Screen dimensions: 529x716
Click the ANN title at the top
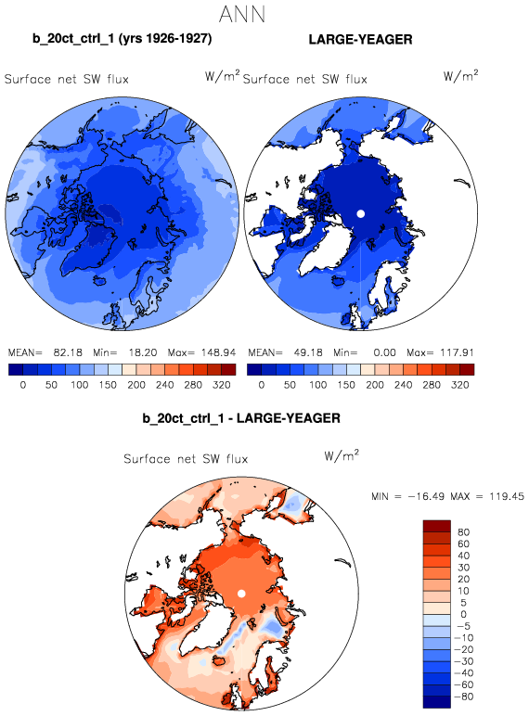242,15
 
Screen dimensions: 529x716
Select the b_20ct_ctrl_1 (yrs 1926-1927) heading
122,39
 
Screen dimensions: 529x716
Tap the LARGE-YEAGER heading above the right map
360,40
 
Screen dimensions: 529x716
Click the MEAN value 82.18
68,353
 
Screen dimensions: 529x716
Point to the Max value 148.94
218,353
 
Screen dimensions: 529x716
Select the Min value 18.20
143,353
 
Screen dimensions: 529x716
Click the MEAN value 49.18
307,353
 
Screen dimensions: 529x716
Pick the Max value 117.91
457,353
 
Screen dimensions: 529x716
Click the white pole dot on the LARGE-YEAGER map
360,213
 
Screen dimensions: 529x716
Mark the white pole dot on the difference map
241,594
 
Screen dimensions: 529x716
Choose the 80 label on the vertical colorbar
463,532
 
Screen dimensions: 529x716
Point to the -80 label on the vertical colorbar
464,697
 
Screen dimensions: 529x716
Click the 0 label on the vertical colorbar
463,615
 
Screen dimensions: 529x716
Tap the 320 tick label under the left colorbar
222,385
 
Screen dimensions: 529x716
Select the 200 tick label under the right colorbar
375,385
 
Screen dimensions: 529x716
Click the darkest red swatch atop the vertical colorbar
437,526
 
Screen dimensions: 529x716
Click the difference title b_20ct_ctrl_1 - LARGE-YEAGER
241,418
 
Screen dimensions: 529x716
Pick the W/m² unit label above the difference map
342,455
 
